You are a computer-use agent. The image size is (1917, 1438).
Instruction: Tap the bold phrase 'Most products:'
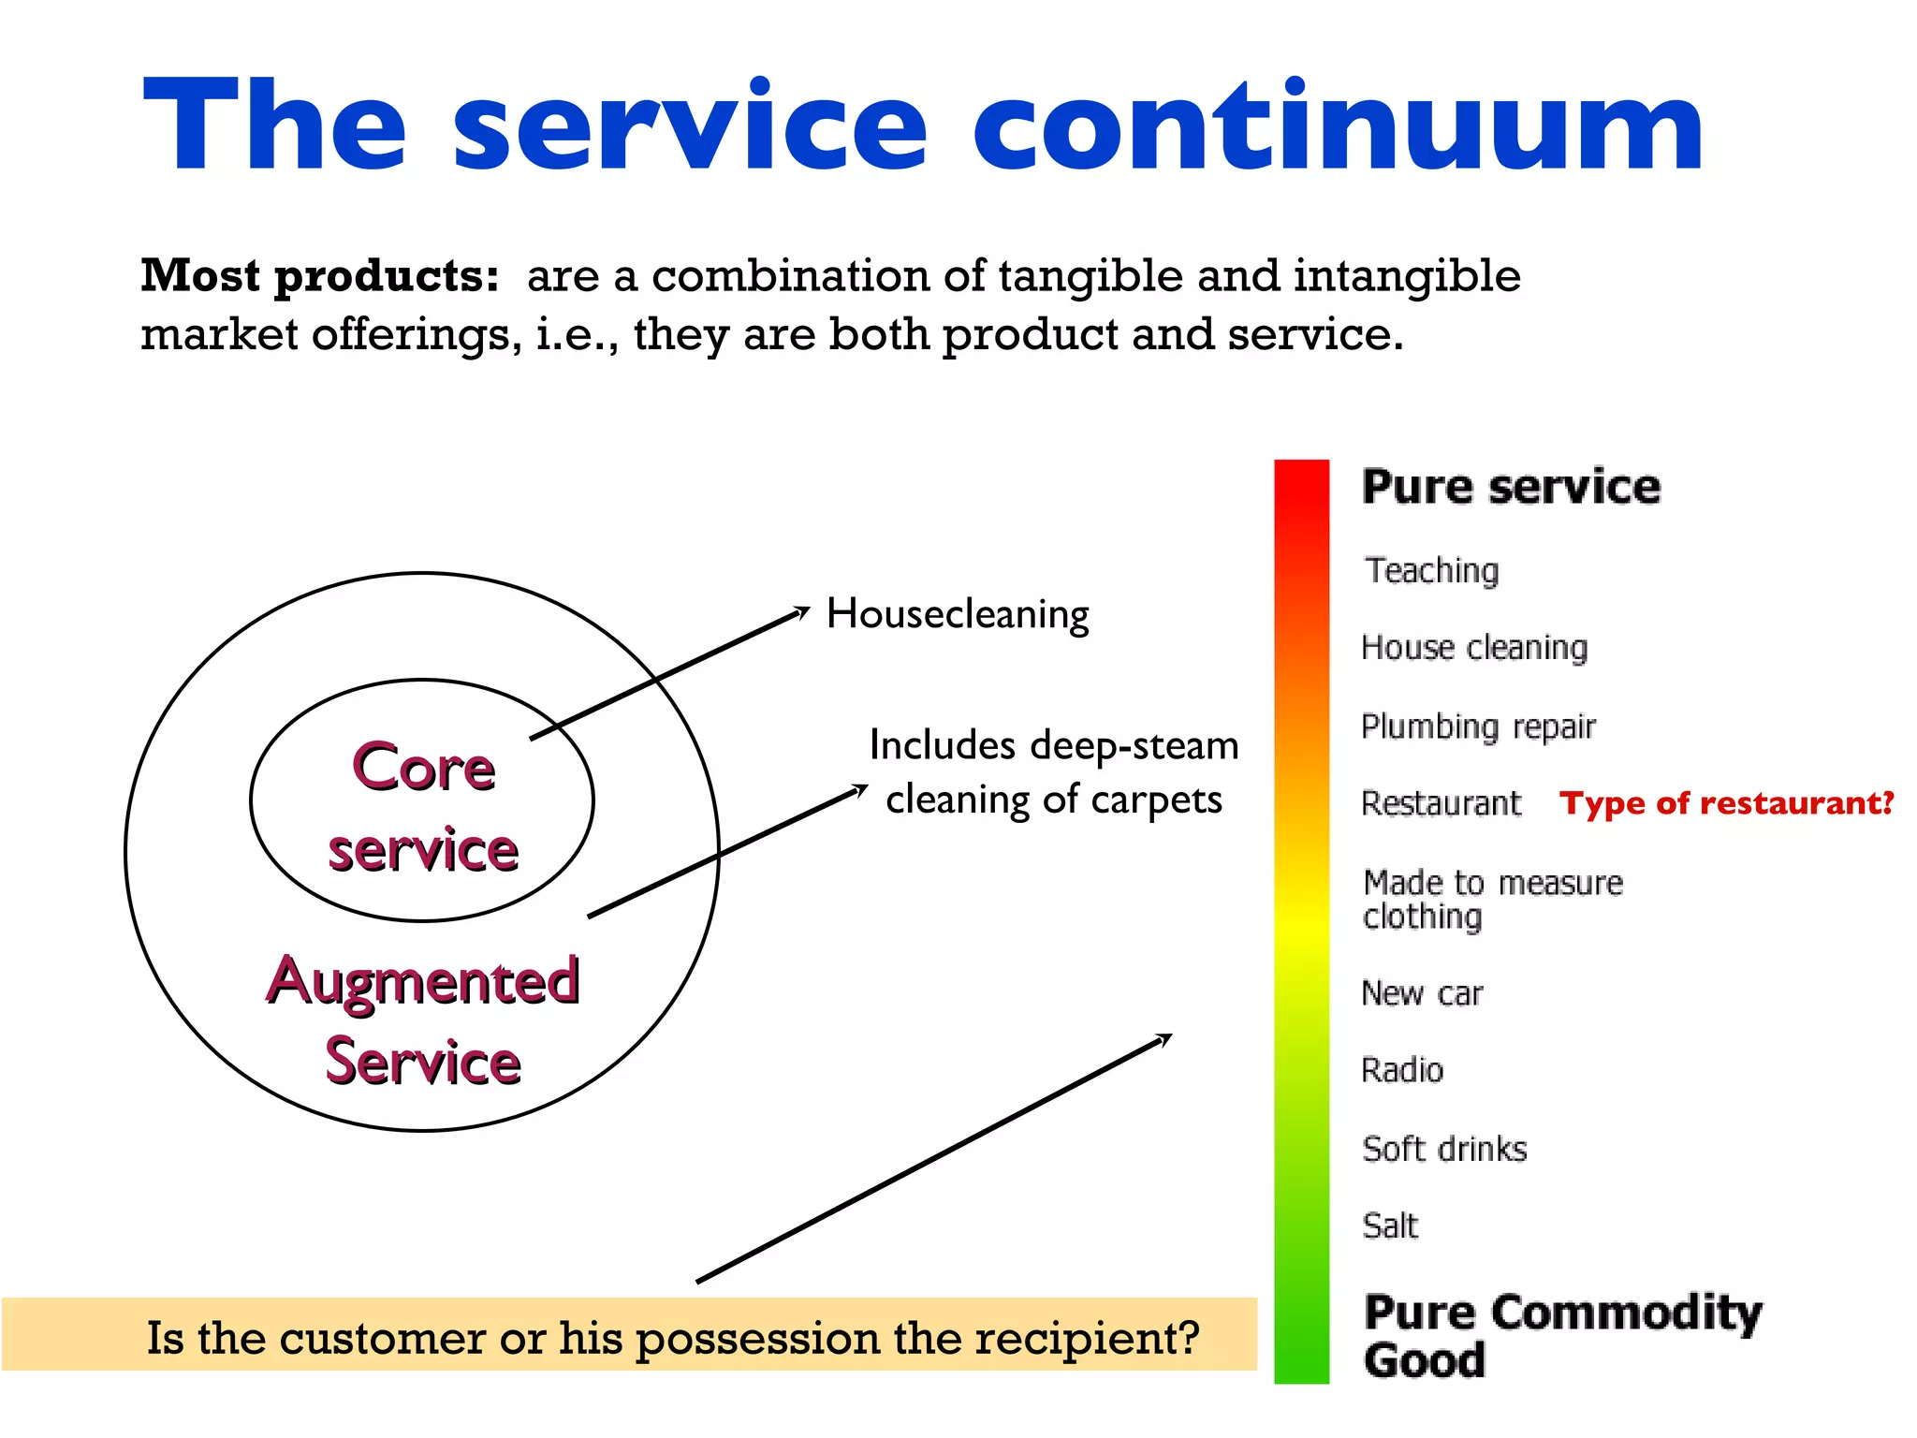319,276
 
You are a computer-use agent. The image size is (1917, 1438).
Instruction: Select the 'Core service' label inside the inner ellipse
423,807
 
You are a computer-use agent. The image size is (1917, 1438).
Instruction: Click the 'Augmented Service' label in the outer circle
423,1020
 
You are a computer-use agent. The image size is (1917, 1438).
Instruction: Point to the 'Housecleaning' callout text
958,614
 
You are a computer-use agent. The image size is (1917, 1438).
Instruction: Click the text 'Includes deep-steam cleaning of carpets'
1053,772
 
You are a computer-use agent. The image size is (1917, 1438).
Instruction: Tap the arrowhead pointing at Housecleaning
802,611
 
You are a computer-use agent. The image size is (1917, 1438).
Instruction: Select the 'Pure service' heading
1511,487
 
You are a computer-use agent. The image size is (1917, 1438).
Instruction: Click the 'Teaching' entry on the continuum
1431,570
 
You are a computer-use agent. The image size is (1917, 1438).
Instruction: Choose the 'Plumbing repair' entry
1478,726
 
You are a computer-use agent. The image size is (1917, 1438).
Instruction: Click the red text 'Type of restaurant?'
1726,803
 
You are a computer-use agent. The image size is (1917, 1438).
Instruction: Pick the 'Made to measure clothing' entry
1492,899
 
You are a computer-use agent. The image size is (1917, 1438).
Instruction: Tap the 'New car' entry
1422,993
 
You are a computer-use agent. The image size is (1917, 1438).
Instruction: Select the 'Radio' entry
1402,1070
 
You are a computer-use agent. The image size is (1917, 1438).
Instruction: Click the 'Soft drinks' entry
1444,1149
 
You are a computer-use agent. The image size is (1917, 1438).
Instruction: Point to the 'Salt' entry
1390,1225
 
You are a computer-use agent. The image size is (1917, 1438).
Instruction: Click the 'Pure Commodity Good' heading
1561,1335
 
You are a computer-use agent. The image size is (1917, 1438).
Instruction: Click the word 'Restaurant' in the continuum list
1441,803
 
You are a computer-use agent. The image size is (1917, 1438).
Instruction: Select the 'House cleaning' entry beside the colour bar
1474,648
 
